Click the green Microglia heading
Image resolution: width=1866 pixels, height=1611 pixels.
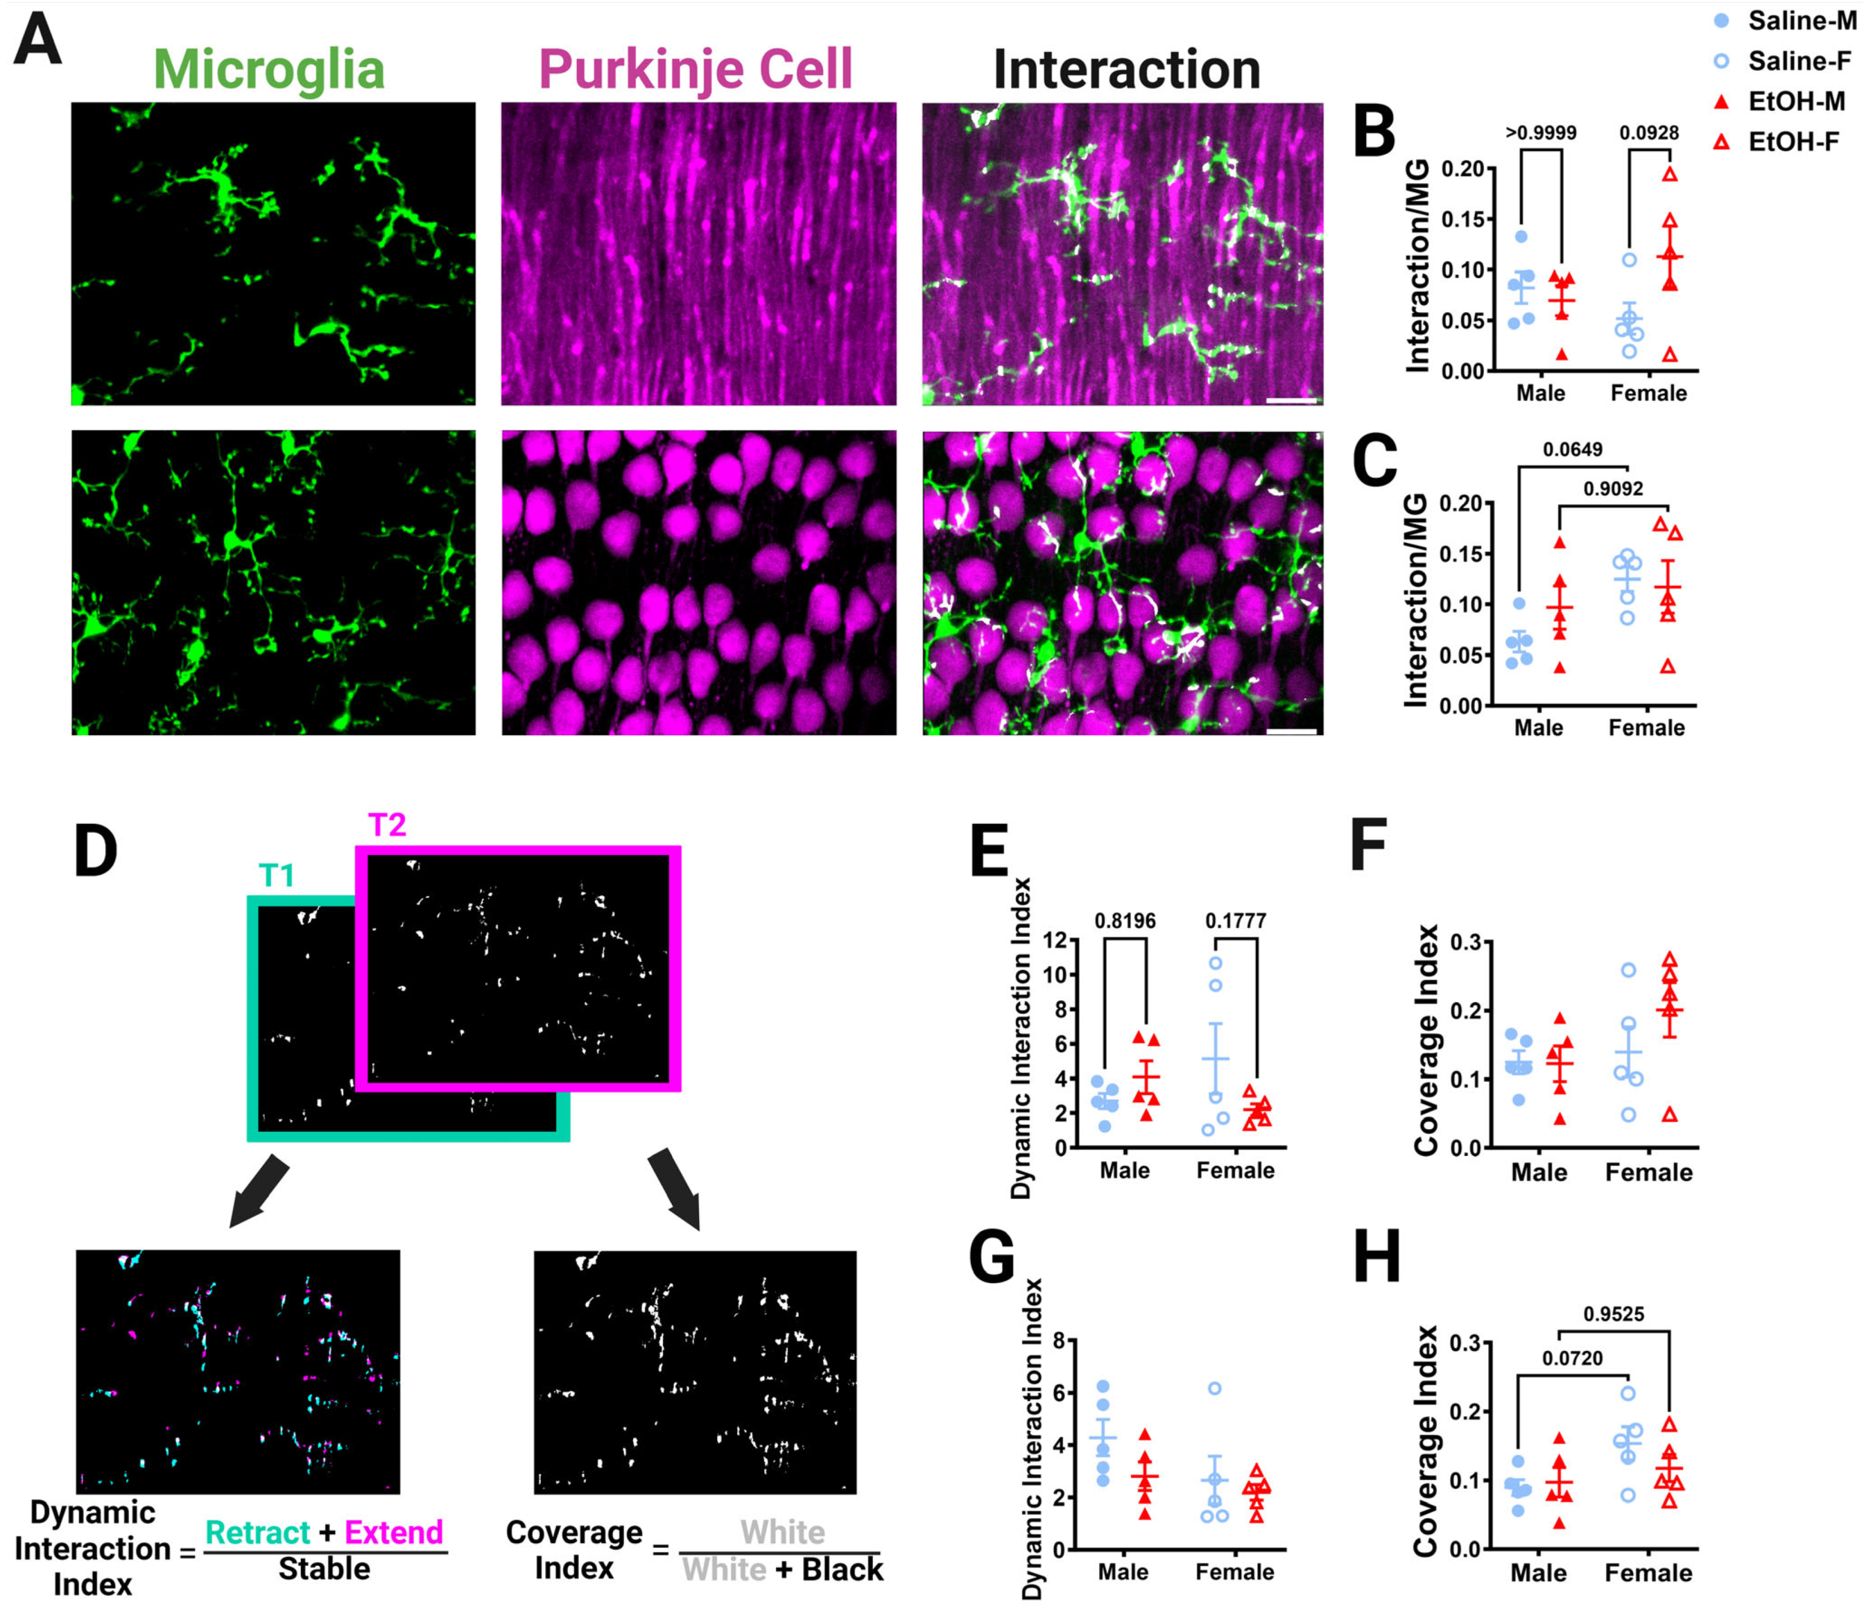[x=268, y=70]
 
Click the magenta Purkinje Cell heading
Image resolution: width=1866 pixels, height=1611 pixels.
[x=695, y=70]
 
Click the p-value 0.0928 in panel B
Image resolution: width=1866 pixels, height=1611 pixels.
[x=1649, y=133]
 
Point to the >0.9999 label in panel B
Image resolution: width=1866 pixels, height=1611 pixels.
[x=1541, y=133]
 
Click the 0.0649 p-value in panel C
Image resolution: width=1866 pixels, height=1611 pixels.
[x=1572, y=450]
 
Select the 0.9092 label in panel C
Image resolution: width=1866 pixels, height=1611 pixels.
[x=1613, y=489]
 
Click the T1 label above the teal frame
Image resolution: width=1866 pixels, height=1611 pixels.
[x=277, y=875]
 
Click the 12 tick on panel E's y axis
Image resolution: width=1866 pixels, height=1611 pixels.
[x=1054, y=941]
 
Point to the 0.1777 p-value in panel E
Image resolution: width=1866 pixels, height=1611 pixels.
[x=1235, y=921]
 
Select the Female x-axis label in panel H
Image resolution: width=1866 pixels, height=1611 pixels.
[x=1648, y=1573]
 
